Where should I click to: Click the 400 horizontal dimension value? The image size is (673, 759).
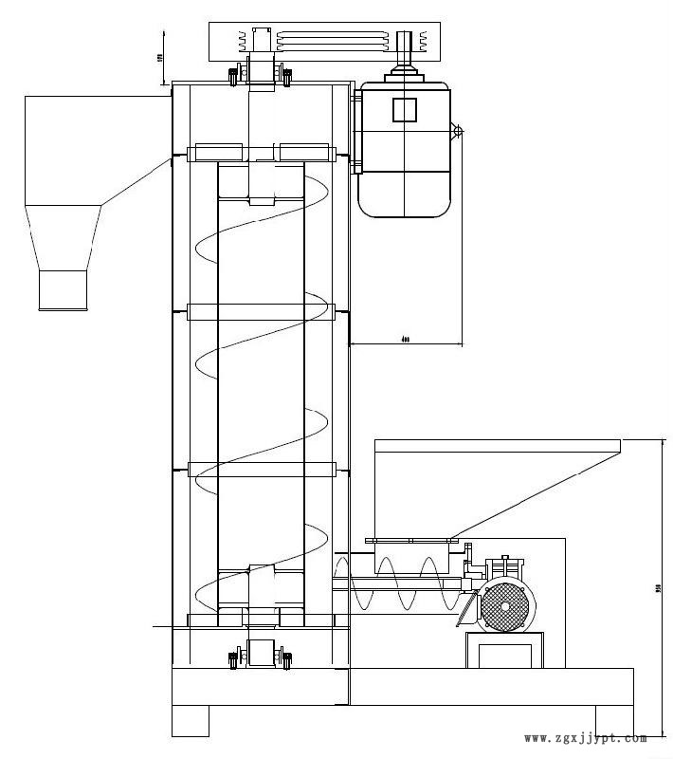[x=406, y=338]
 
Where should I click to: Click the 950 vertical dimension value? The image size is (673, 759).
[x=659, y=589]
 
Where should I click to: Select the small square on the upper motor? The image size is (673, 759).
[x=405, y=109]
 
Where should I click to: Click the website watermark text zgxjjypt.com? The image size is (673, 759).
[x=585, y=738]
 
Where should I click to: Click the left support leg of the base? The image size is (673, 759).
[x=191, y=720]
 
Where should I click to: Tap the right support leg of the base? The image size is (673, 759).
[x=614, y=720]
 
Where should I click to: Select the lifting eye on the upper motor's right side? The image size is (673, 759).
[x=456, y=130]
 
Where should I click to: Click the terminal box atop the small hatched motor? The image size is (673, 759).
[x=502, y=566]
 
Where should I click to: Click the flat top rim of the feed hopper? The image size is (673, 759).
[x=498, y=445]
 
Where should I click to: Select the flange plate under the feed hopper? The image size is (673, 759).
[x=411, y=542]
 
